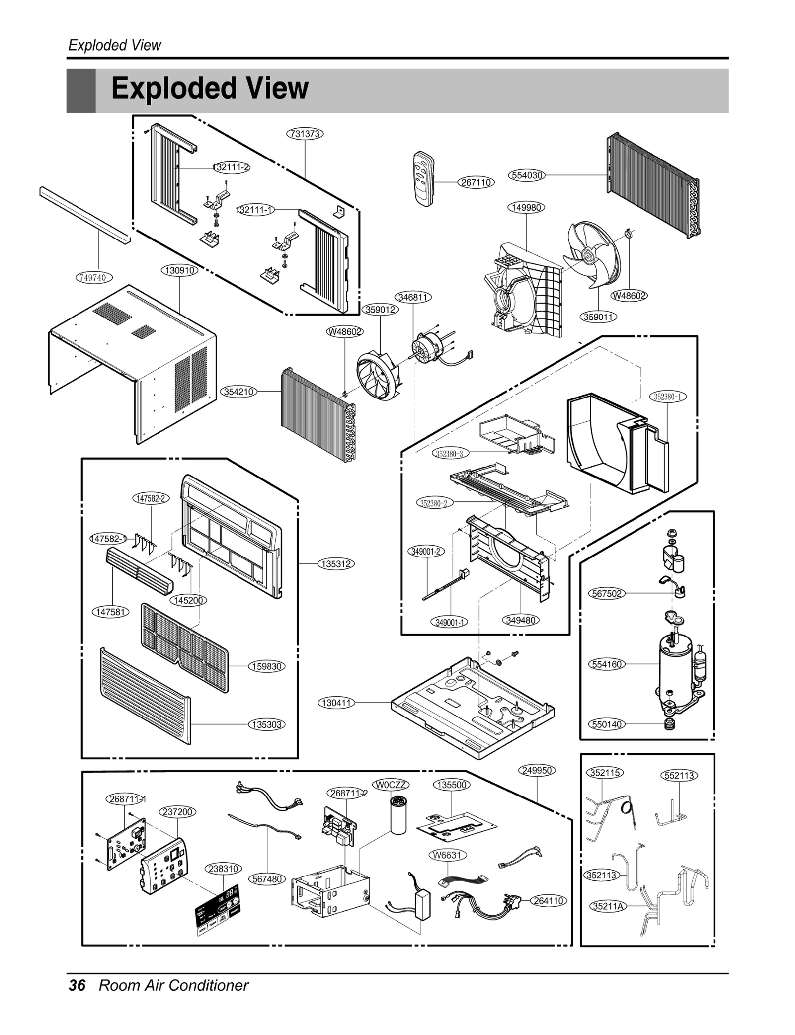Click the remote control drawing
point(424,178)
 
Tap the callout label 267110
point(476,182)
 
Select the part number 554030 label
point(527,175)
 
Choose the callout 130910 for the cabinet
point(179,270)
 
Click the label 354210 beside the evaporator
point(238,392)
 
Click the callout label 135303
point(267,724)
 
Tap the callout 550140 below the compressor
point(607,724)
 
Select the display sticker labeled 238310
point(217,909)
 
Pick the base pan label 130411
point(336,703)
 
